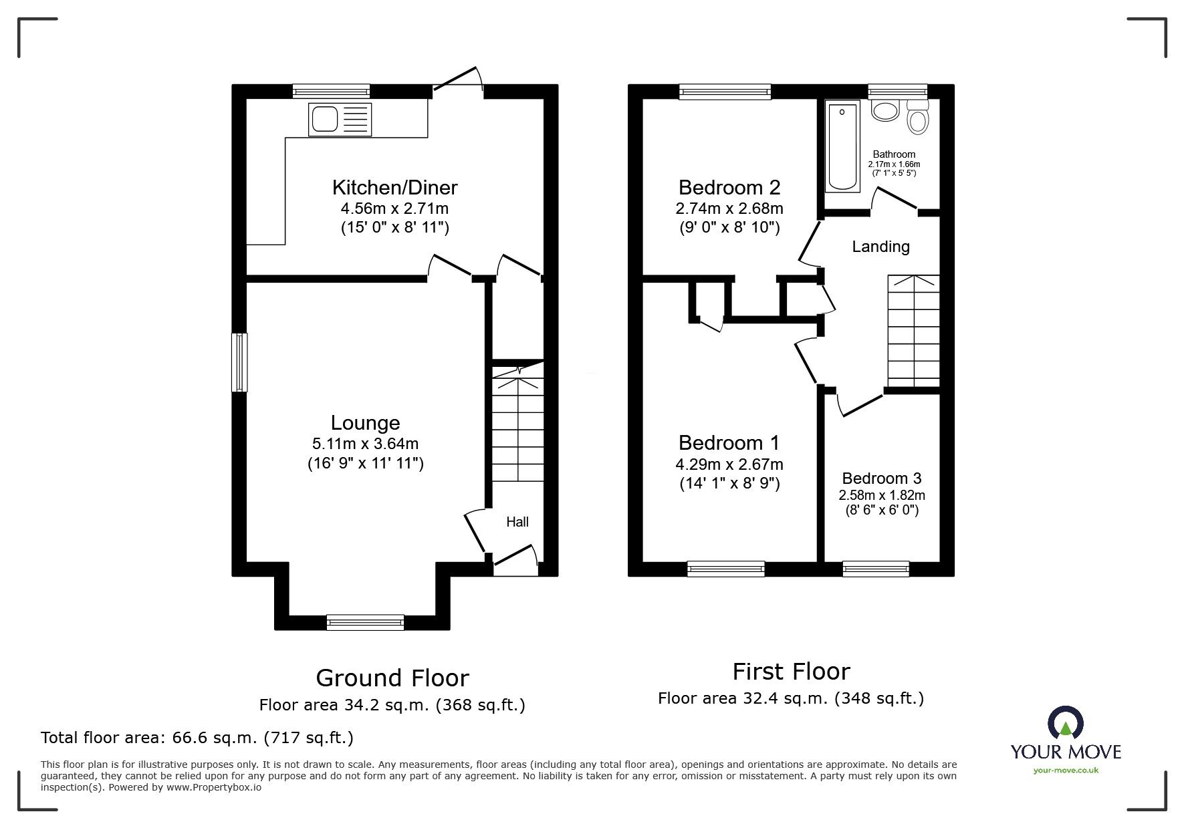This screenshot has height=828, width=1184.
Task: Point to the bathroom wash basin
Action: (885, 110)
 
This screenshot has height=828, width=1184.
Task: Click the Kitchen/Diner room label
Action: (394, 186)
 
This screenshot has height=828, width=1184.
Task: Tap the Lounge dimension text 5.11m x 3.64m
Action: (365, 444)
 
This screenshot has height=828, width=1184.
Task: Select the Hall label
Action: (517, 522)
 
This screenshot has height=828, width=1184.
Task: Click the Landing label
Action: (880, 247)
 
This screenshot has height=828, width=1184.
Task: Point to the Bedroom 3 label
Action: (881, 478)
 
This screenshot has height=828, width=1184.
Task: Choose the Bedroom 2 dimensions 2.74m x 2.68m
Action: (729, 209)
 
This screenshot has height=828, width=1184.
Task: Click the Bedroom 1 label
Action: (729, 442)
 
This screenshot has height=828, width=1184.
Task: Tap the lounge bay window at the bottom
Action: (365, 622)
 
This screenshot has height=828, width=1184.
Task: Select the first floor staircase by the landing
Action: (913, 331)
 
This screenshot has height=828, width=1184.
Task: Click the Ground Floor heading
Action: (392, 678)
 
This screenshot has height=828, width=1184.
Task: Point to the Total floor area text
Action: (197, 738)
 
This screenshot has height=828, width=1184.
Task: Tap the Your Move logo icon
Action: (1065, 723)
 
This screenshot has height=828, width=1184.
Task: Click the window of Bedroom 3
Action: (875, 569)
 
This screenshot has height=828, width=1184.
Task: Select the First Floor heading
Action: (791, 671)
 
